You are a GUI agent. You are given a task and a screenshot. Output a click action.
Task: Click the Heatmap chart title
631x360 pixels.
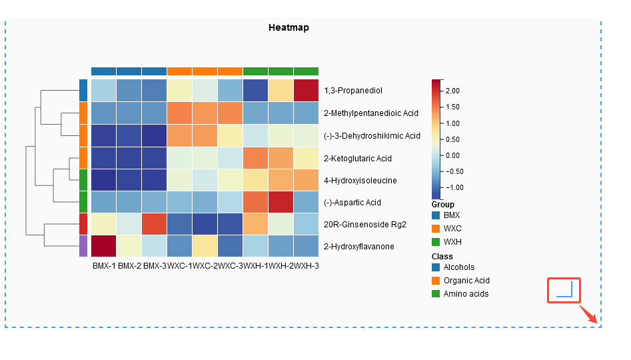pyautogui.click(x=289, y=27)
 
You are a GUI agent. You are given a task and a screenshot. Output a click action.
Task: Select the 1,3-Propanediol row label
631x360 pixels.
pyautogui.click(x=353, y=91)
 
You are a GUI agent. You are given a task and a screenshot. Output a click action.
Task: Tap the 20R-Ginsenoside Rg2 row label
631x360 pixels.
pyautogui.click(x=365, y=225)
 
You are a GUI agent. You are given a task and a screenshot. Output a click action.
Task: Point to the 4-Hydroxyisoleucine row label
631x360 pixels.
pyautogui.click(x=360, y=180)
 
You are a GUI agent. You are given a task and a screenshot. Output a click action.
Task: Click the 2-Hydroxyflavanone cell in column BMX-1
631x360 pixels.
pyautogui.click(x=104, y=246)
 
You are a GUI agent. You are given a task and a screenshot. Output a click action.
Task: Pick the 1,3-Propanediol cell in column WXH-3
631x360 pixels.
pyautogui.click(x=306, y=90)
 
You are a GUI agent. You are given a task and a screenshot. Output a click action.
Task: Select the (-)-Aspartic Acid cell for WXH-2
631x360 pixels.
pyautogui.click(x=281, y=202)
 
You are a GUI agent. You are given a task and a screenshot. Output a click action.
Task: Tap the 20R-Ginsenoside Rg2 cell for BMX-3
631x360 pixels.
pyautogui.click(x=154, y=224)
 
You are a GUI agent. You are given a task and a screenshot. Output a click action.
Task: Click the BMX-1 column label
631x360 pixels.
pyautogui.click(x=104, y=266)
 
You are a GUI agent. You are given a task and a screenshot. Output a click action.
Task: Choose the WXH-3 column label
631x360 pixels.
pyautogui.click(x=307, y=266)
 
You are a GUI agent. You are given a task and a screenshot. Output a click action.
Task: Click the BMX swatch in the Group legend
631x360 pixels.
pyautogui.click(x=436, y=215)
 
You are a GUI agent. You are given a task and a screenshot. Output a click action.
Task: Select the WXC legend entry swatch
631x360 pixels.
pyautogui.click(x=436, y=228)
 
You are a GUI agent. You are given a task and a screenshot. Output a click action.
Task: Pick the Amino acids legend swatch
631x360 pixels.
pyautogui.click(x=436, y=293)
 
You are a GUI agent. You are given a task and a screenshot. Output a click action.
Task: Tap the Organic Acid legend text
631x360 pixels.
pyautogui.click(x=466, y=281)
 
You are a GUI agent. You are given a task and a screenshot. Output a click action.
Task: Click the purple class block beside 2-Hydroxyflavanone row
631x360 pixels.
pyautogui.click(x=83, y=246)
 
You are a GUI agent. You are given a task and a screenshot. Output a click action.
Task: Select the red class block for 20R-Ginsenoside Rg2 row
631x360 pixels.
pyautogui.click(x=83, y=224)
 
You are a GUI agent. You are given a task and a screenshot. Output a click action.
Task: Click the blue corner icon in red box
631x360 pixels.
pyautogui.click(x=564, y=290)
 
